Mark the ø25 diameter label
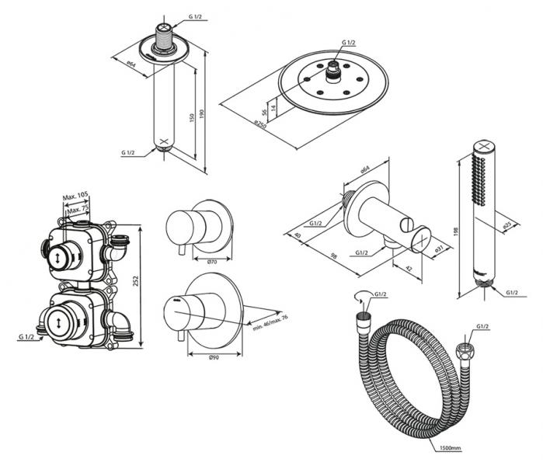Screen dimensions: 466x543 tap(507, 226)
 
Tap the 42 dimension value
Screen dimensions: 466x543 tap(408, 269)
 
